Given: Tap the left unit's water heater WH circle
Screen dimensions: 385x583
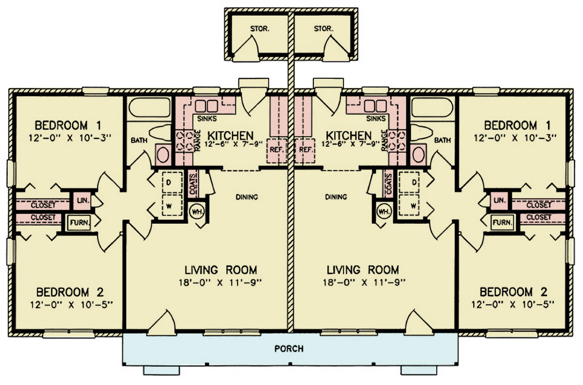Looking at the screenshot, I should click(x=197, y=212).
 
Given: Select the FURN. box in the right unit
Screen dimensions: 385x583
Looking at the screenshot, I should click(x=502, y=223).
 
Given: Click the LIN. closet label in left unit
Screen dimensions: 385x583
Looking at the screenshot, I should click(x=82, y=200).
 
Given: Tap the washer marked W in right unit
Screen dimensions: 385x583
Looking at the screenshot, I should click(x=414, y=206).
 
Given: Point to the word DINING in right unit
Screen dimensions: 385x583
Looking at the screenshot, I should click(x=336, y=197).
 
